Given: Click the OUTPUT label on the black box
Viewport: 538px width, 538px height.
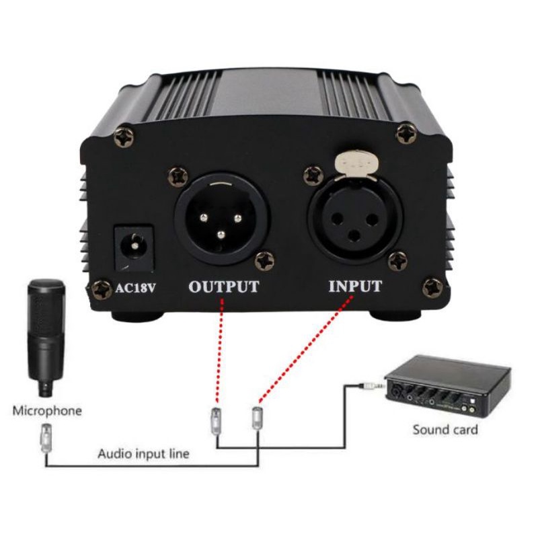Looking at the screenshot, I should tap(223, 286).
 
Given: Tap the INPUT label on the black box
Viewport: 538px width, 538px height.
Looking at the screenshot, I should tap(355, 286).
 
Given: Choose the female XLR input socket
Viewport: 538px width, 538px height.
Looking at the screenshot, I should tap(354, 217).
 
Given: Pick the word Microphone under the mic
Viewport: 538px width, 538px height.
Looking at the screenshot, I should tap(47, 410).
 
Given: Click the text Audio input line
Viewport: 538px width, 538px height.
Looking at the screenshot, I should tap(143, 454).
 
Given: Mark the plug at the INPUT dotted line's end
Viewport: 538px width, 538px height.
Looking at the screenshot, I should tap(257, 419).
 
